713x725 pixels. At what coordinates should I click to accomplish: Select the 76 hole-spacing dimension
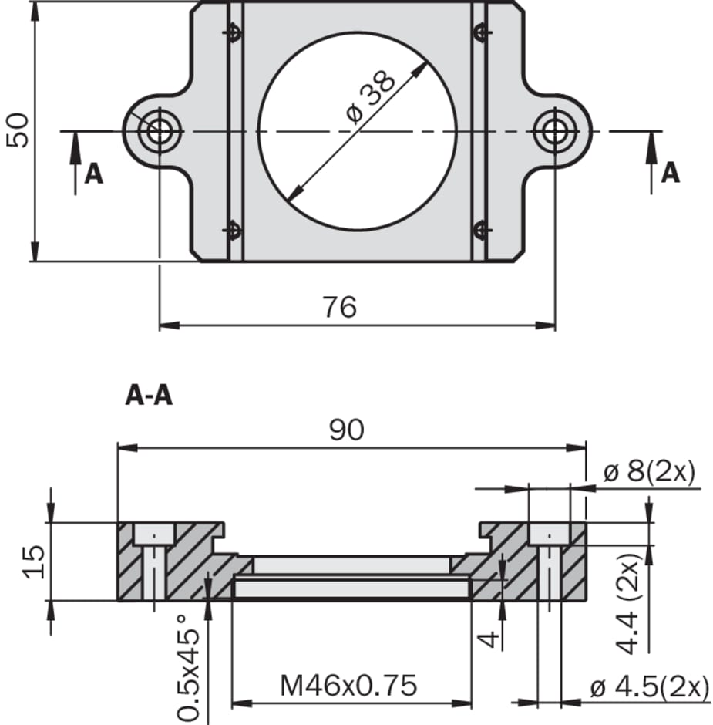point(339,307)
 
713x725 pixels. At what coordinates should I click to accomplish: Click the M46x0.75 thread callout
point(348,684)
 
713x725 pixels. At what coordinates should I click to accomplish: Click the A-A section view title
point(149,396)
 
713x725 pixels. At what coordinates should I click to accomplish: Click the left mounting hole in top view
point(159,132)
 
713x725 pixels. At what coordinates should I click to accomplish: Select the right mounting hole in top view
point(554,132)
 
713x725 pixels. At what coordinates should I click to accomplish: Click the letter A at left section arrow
point(93,174)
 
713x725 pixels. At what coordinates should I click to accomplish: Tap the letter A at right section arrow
point(671,173)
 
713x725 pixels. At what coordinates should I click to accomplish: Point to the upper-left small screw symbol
point(232,32)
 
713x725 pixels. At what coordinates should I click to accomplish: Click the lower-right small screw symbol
point(480,230)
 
